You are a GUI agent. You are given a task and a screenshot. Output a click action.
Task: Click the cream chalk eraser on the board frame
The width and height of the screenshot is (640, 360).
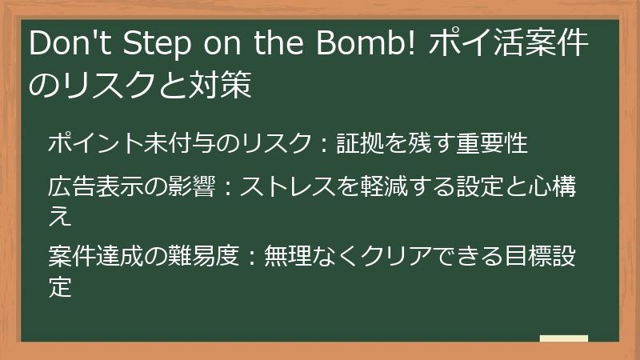point(563,339)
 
